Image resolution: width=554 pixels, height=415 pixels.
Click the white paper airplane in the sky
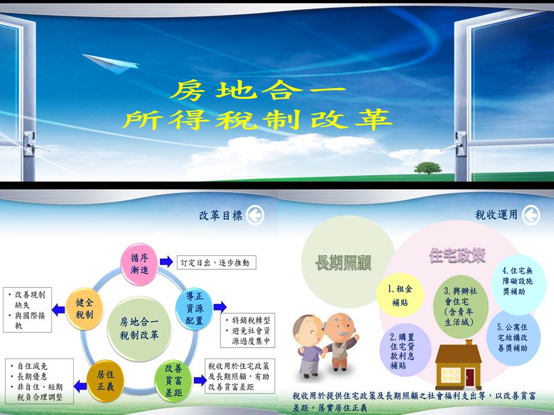click(x=104, y=63)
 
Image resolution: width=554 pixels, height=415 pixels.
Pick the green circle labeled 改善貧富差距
click(x=174, y=375)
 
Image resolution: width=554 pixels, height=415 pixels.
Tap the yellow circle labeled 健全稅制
click(x=84, y=311)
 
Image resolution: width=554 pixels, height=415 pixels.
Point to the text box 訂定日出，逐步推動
click(x=215, y=262)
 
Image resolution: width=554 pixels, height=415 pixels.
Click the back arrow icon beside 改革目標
click(x=254, y=216)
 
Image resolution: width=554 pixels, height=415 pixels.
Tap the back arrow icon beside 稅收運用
click(x=531, y=216)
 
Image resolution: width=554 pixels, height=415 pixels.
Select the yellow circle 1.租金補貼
click(x=396, y=295)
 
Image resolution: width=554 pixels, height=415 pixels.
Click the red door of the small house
click(x=470, y=377)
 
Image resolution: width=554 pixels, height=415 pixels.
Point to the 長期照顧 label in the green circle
click(x=343, y=263)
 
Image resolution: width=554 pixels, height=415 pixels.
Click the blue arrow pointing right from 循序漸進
click(x=166, y=262)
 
